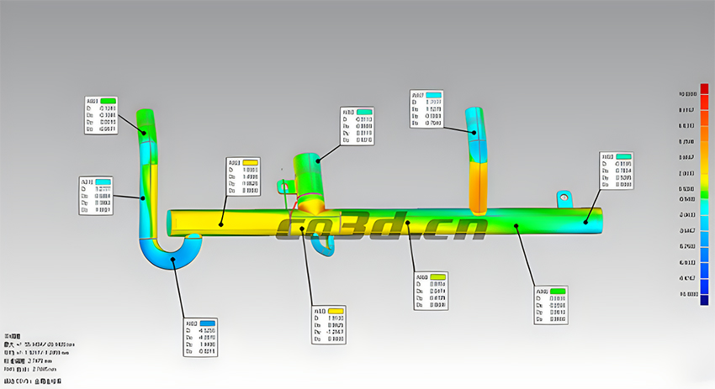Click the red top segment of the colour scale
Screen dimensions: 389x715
pyautogui.click(x=704, y=89)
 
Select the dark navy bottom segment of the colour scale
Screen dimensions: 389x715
pyautogui.click(x=704, y=299)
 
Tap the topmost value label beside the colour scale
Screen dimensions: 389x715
pyautogui.click(x=687, y=94)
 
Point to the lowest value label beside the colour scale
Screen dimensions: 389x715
pyautogui.click(x=687, y=294)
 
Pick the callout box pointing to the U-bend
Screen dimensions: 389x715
pyautogui.click(x=200, y=337)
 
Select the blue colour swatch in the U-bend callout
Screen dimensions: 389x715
pyautogui.click(x=207, y=323)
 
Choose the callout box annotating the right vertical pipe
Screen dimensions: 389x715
pyautogui.click(x=426, y=108)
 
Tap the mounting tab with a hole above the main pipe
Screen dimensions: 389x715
pyautogui.click(x=564, y=198)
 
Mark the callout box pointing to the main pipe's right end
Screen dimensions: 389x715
pyautogui.click(x=616, y=171)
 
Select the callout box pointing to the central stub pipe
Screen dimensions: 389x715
pyautogui.click(x=357, y=126)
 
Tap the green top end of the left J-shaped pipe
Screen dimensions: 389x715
pyautogui.click(x=147, y=122)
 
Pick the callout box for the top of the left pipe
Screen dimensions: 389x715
pyautogui.click(x=101, y=115)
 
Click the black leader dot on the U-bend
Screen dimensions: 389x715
pyautogui.click(x=174, y=260)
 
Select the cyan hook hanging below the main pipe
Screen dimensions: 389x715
pyautogui.click(x=323, y=243)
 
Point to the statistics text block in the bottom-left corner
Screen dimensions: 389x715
pyautogui.click(x=34, y=357)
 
